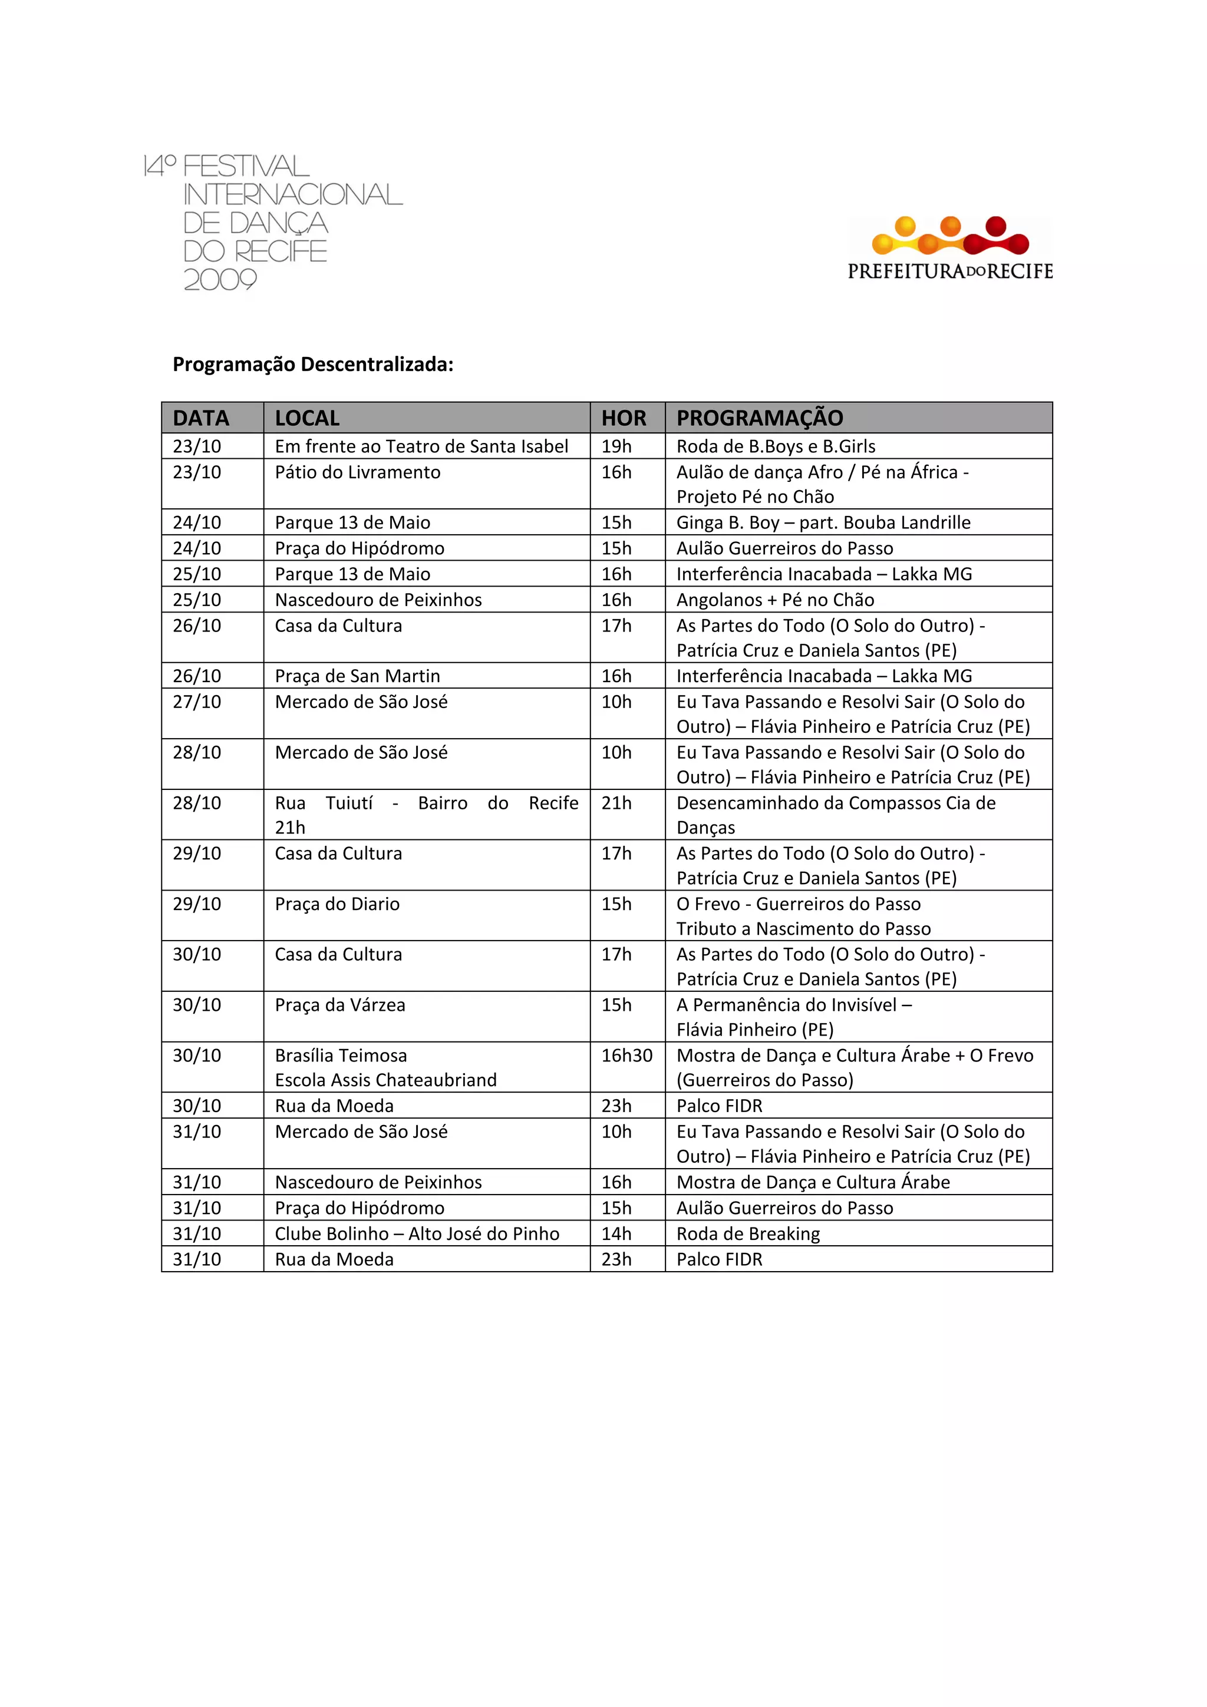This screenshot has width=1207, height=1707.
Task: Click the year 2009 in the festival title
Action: pyautogui.click(x=220, y=280)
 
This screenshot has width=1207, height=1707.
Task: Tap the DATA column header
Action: pyautogui.click(x=201, y=418)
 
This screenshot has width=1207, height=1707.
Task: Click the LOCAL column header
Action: pyautogui.click(x=307, y=418)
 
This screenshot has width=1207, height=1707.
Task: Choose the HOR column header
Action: pyautogui.click(x=624, y=418)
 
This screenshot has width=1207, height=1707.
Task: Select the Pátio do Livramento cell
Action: pyautogui.click(x=358, y=472)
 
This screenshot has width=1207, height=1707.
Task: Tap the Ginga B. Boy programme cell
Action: pyautogui.click(x=823, y=522)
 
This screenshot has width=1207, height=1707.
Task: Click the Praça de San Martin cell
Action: pyautogui.click(x=358, y=676)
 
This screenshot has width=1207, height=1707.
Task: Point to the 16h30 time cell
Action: pyautogui.click(x=627, y=1055)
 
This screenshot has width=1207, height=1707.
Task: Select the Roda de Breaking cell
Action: pyautogui.click(x=748, y=1233)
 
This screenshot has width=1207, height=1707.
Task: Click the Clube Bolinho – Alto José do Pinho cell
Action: pyautogui.click(x=417, y=1233)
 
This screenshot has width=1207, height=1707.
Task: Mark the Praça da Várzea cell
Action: pyautogui.click(x=341, y=1004)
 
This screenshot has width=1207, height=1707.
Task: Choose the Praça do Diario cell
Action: pyautogui.click(x=338, y=904)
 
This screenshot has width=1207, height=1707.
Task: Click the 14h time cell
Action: pyautogui.click(x=616, y=1233)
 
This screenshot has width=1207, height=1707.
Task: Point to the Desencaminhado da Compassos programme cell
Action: pyautogui.click(x=836, y=814)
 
